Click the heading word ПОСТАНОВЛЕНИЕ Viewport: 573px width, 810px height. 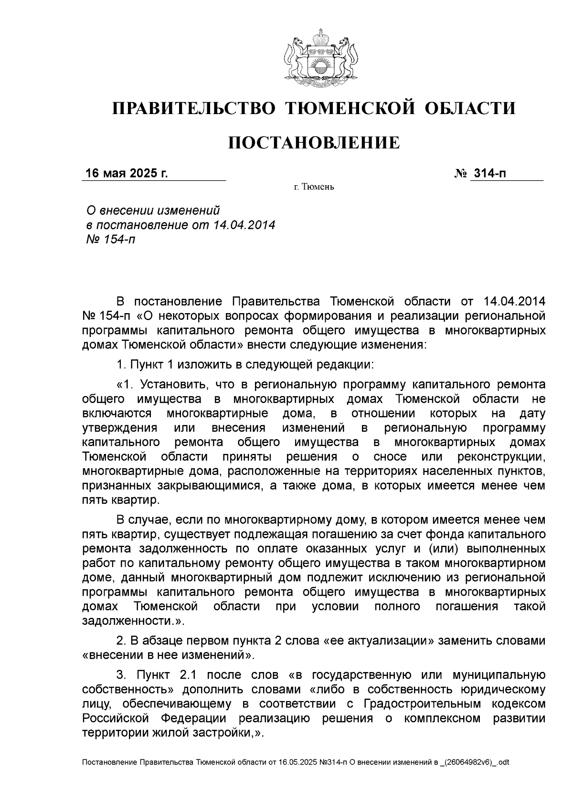[314, 143]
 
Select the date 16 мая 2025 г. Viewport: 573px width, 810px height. [127, 173]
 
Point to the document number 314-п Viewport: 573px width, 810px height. [488, 173]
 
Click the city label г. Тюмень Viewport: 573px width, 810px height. [314, 187]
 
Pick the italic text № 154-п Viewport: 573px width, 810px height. [110, 239]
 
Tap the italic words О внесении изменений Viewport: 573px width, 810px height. [152, 210]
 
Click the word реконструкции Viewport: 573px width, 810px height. [501, 457]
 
